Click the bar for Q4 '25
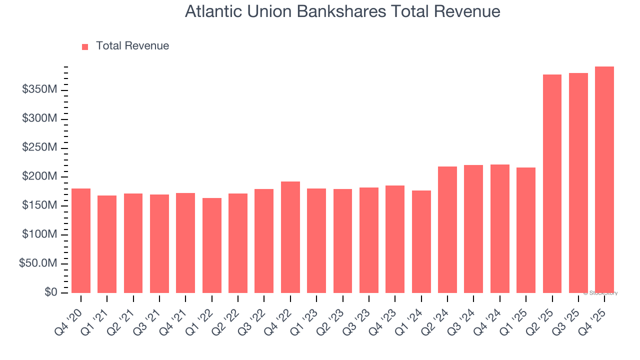click(604, 180)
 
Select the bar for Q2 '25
click(552, 184)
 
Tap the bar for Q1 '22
click(212, 245)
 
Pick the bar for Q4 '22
click(290, 237)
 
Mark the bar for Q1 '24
click(421, 241)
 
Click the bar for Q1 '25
click(526, 230)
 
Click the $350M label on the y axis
click(39, 90)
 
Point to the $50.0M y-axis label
click(38, 263)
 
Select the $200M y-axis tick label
click(39, 177)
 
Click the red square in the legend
click(85, 47)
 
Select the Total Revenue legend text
click(132, 46)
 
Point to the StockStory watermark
click(600, 293)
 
